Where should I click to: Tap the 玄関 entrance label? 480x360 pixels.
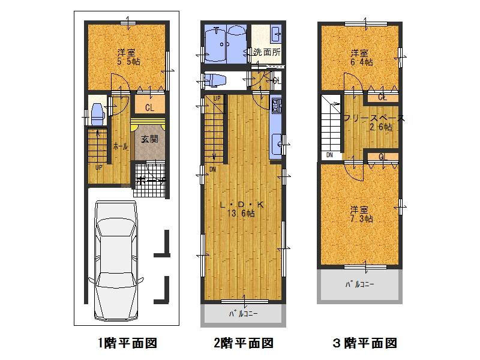tap(149, 139)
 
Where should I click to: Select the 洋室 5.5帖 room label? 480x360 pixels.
tap(128, 56)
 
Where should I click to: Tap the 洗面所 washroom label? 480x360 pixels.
tap(266, 52)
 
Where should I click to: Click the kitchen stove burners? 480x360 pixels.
tap(276, 107)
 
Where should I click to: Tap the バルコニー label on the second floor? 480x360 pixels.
tap(244, 314)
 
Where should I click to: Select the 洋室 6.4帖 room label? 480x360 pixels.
tap(361, 57)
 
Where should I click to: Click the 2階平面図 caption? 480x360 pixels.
tap(243, 343)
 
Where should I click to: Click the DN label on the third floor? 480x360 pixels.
tap(329, 155)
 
